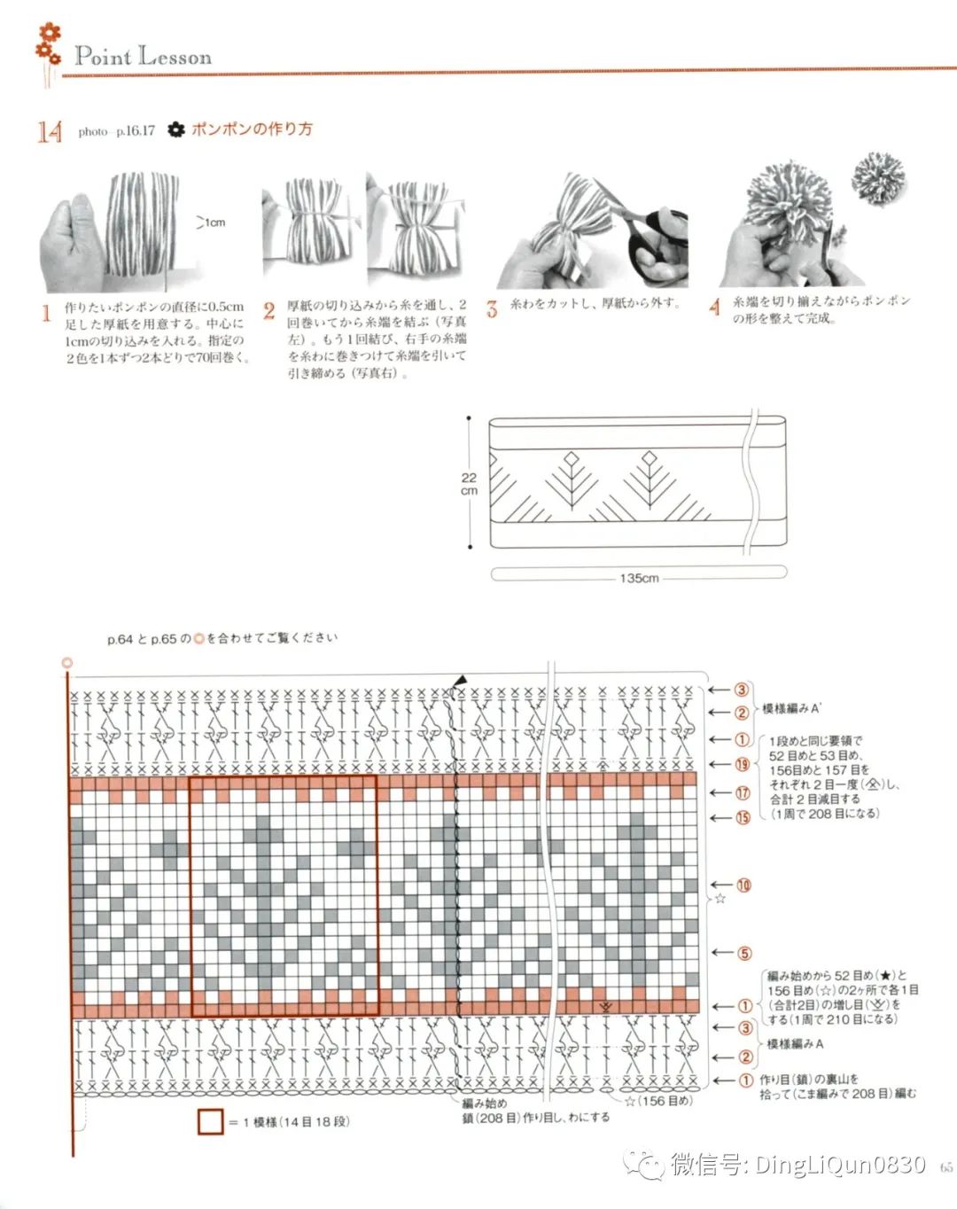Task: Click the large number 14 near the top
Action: [50, 132]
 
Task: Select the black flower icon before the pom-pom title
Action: [176, 130]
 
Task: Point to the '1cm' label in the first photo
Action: [214, 222]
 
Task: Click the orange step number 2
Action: [268, 311]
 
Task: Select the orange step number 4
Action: [714, 308]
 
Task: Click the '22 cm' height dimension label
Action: [469, 484]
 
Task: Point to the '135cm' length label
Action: [639, 578]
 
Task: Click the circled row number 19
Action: [742, 764]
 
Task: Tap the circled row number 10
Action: [743, 885]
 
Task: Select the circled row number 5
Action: [744, 953]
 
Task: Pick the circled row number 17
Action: [742, 793]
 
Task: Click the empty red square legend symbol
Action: [210, 1121]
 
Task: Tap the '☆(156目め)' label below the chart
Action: [658, 1101]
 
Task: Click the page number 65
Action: [945, 1167]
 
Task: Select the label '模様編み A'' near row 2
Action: [791, 709]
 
